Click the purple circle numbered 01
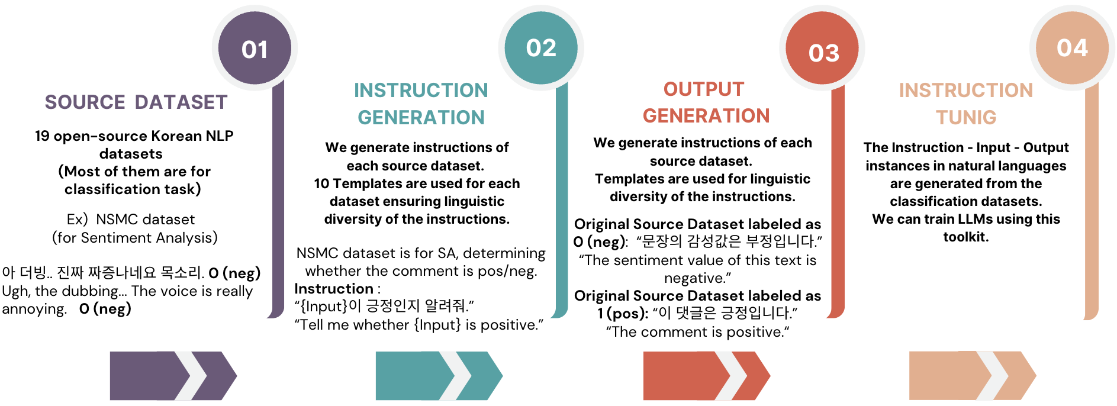pyautogui.click(x=255, y=49)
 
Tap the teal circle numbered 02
pyautogui.click(x=541, y=47)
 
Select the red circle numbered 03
pyautogui.click(x=823, y=52)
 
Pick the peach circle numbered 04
pyautogui.click(x=1072, y=47)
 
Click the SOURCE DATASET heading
pyautogui.click(x=136, y=102)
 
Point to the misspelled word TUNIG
pyautogui.click(x=966, y=117)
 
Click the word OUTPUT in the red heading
pyautogui.click(x=703, y=89)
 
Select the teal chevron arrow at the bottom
pyautogui.click(x=439, y=376)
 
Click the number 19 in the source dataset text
pyautogui.click(x=42, y=136)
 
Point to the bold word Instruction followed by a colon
pyautogui.click(x=334, y=289)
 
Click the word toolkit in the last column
pyautogui.click(x=965, y=237)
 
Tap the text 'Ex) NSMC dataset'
pyautogui.click(x=131, y=220)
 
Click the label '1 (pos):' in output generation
pyautogui.click(x=623, y=313)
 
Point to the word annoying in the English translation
pyautogui.click(x=34, y=309)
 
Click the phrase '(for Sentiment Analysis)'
pyautogui.click(x=135, y=238)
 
